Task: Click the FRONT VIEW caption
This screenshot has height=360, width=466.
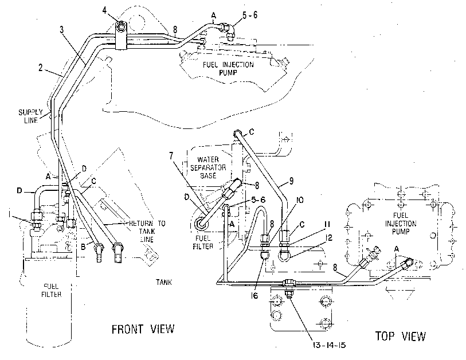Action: click(x=143, y=329)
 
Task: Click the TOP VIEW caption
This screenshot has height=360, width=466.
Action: click(x=400, y=336)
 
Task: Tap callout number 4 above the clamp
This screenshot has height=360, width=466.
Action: click(x=104, y=11)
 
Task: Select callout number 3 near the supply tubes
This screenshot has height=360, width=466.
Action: click(x=61, y=30)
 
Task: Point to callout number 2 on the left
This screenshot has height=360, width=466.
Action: click(x=41, y=68)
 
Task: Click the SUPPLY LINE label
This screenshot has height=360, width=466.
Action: click(x=30, y=116)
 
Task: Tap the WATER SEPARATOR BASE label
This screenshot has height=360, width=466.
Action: click(x=208, y=167)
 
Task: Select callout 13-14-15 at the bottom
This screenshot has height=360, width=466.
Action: click(x=329, y=345)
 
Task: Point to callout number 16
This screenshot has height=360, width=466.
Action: click(x=254, y=295)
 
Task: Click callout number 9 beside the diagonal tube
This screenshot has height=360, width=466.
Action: click(x=291, y=181)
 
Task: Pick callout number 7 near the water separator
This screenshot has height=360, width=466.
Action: click(x=171, y=155)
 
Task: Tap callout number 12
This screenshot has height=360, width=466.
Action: click(x=328, y=237)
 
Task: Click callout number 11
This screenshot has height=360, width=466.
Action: click(x=327, y=224)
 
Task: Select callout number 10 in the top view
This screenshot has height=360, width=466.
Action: click(x=300, y=200)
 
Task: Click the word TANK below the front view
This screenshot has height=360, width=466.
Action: click(x=164, y=282)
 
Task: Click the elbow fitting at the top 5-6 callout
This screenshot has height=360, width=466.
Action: click(x=228, y=30)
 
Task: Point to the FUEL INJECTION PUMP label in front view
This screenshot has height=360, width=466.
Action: click(x=228, y=68)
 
